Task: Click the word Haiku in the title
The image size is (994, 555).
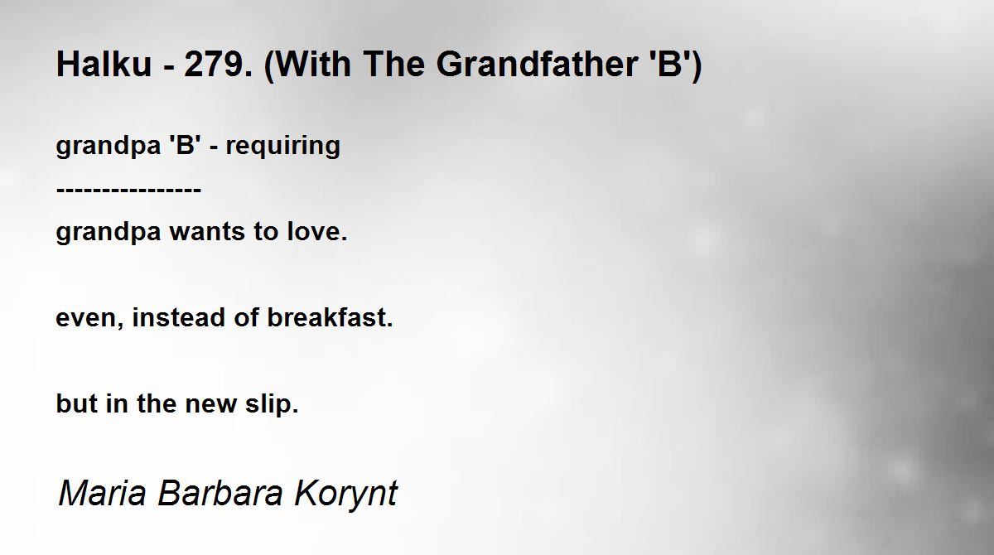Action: (x=104, y=64)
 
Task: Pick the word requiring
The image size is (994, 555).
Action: (x=283, y=147)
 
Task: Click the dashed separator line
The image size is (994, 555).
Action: (x=128, y=191)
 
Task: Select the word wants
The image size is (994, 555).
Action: (x=207, y=232)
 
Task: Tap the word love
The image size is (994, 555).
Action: (x=316, y=230)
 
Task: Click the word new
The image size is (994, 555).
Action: (x=210, y=404)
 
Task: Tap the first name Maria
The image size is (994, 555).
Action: (x=102, y=492)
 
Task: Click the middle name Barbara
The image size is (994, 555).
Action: (x=220, y=492)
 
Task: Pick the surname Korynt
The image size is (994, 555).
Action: (x=345, y=495)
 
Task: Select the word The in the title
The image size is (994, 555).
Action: (x=394, y=64)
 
